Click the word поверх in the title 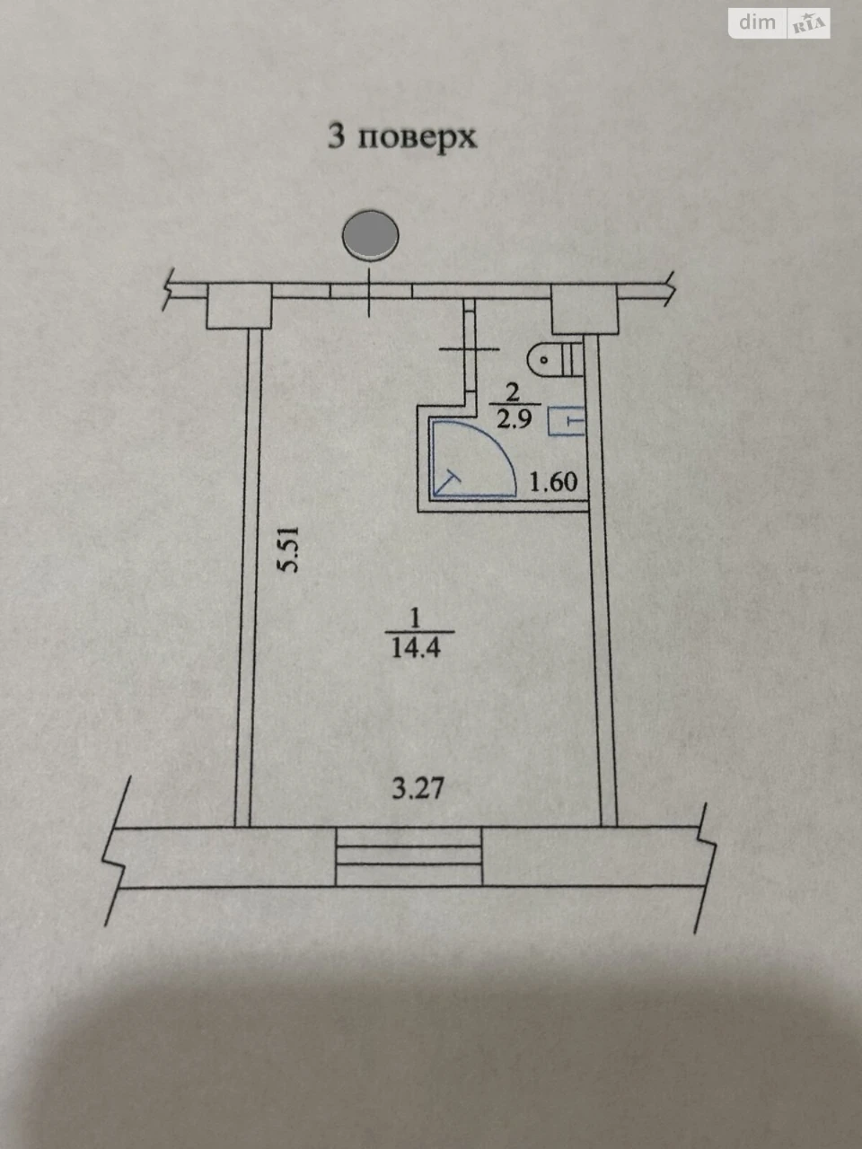point(418,138)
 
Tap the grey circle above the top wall point(371,235)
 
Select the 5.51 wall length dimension point(288,549)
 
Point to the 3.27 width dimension point(418,788)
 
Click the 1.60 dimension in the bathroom point(553,481)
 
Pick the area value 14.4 point(416,649)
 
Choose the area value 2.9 point(514,419)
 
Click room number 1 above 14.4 point(415,618)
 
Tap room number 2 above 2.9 point(513,392)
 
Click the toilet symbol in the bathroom point(556,359)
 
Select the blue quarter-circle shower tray point(472,457)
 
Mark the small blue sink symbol point(567,421)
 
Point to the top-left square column point(239,306)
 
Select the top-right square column point(585,309)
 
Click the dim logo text point(757,22)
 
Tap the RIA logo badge point(809,23)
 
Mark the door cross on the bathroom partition point(469,349)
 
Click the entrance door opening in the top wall point(371,291)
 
